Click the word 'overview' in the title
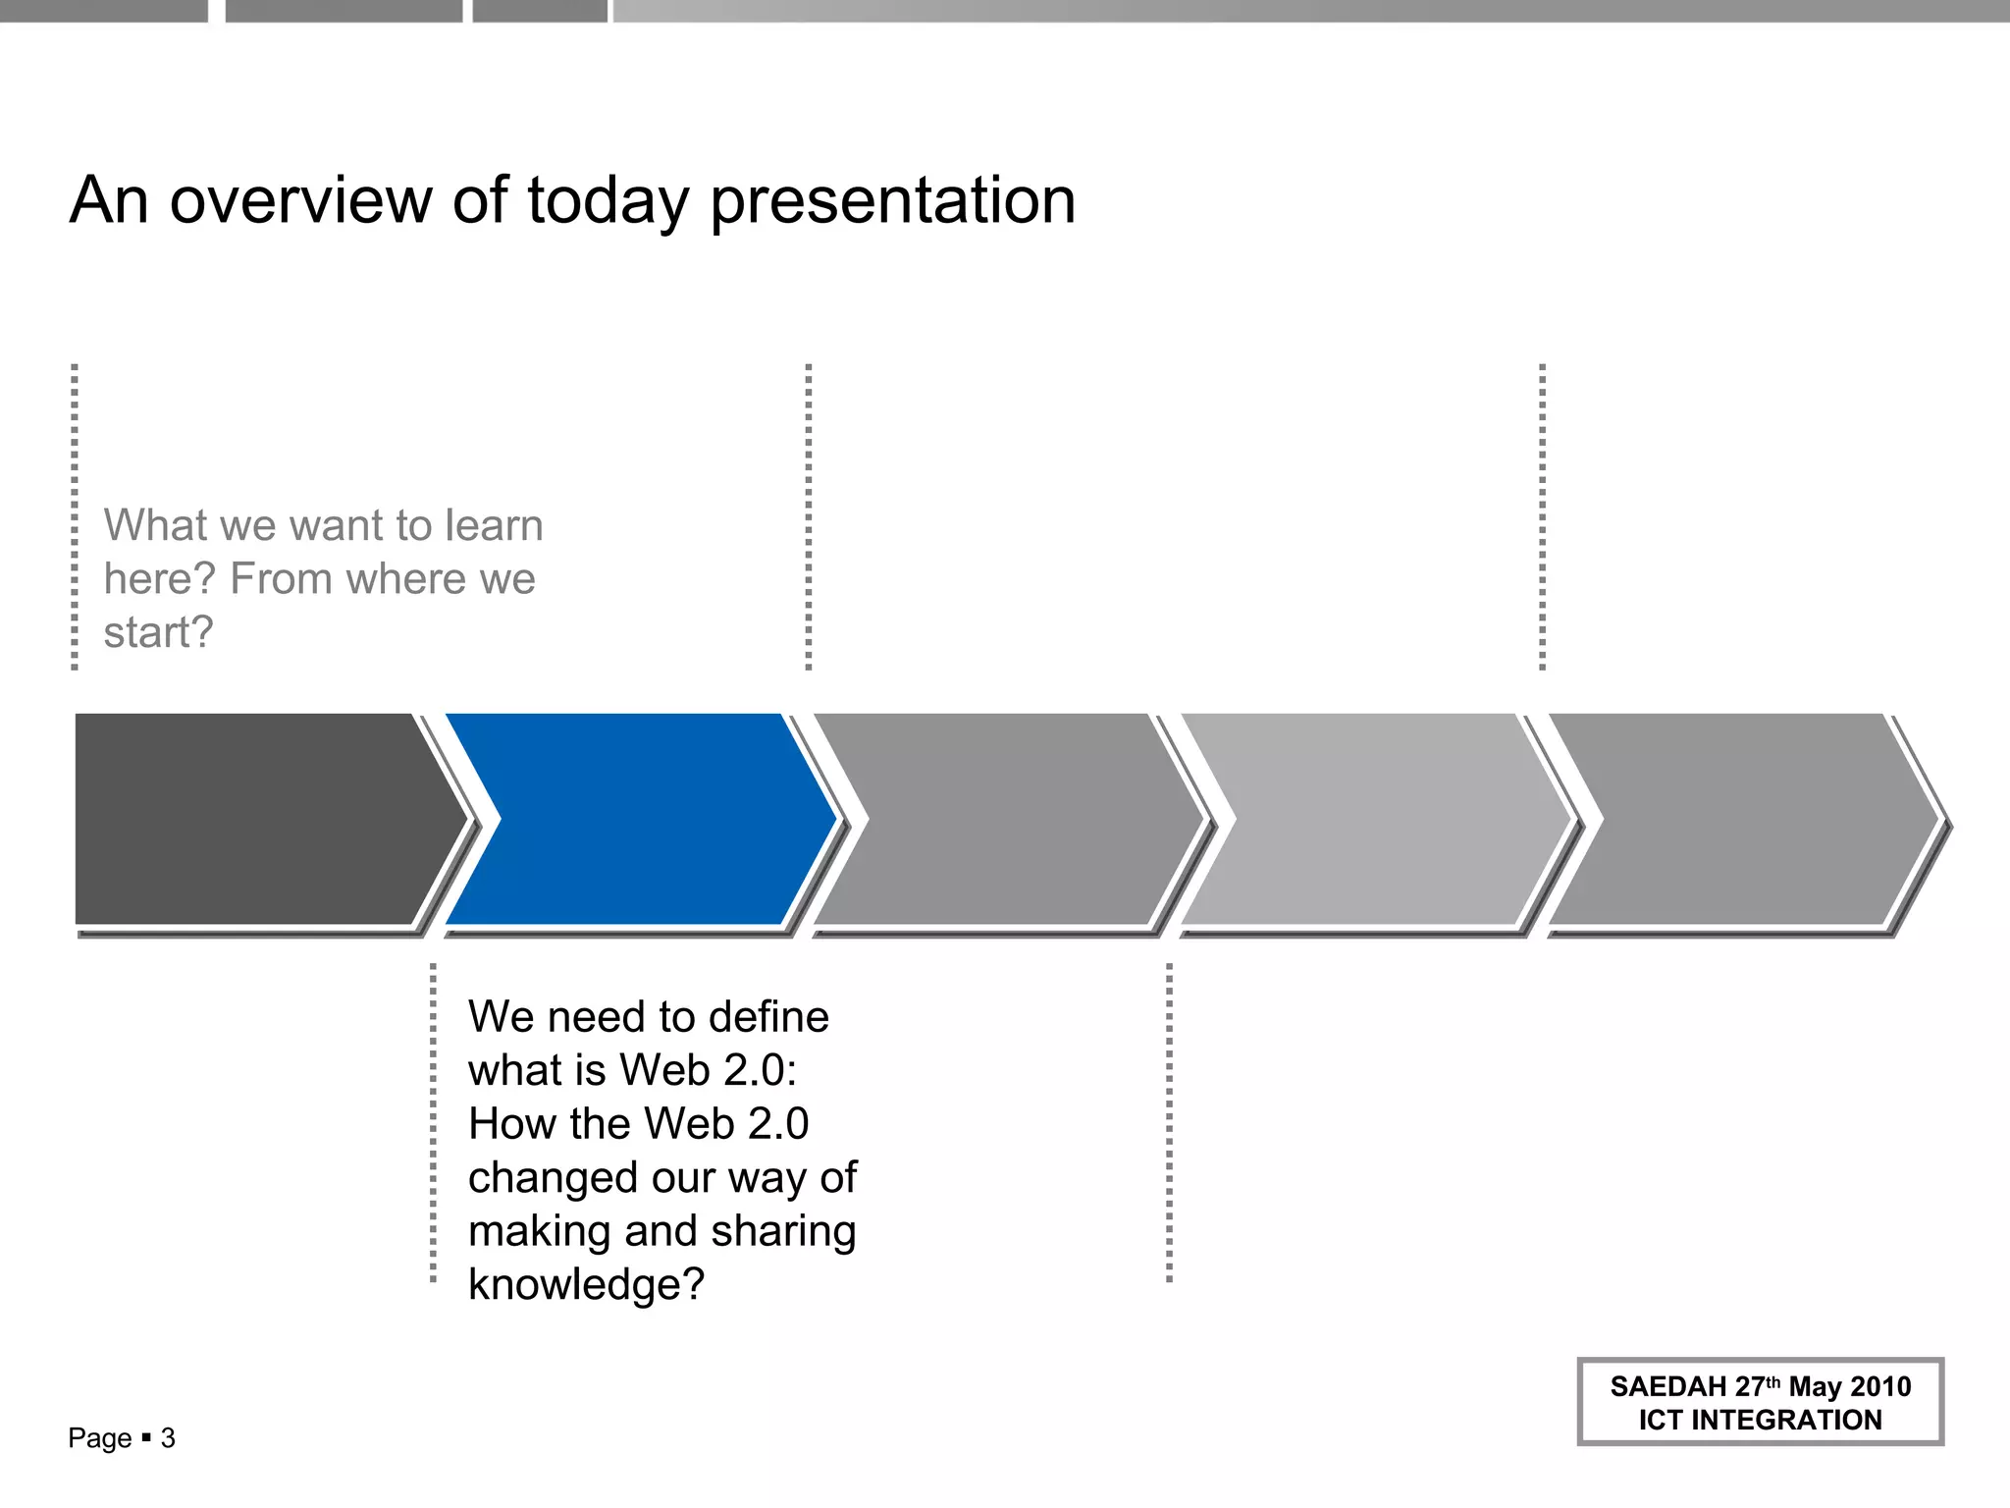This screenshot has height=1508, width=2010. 299,200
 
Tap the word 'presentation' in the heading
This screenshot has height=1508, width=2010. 892,202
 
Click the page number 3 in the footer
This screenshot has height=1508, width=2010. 168,1438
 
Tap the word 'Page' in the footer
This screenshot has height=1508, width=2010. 99,1438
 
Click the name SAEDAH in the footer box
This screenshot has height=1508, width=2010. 1667,1386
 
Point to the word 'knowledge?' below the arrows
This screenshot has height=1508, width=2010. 586,1284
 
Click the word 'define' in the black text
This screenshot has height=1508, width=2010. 768,1017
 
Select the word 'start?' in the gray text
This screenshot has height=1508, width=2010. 158,632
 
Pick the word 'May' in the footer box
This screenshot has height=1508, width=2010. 1815,1386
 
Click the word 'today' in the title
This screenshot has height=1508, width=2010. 608,202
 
